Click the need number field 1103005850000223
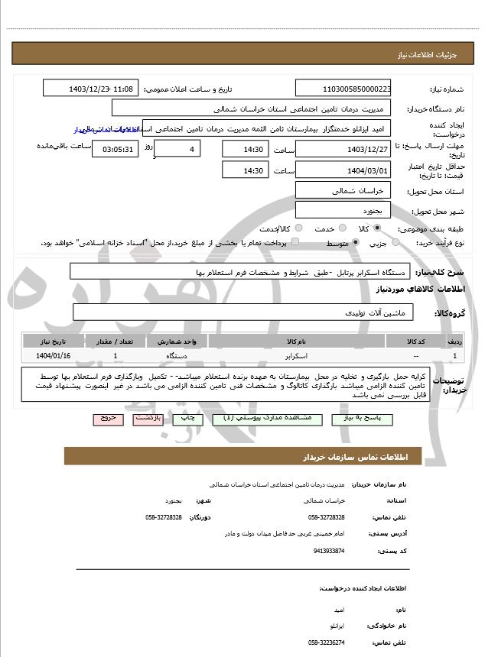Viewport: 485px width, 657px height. coord(343,89)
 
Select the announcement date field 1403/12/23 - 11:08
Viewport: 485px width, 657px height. coord(91,89)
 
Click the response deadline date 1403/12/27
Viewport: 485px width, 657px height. coord(343,148)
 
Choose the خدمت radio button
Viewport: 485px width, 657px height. coord(341,228)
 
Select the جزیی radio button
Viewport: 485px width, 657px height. coord(395,243)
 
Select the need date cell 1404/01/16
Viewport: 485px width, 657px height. coord(53,356)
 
